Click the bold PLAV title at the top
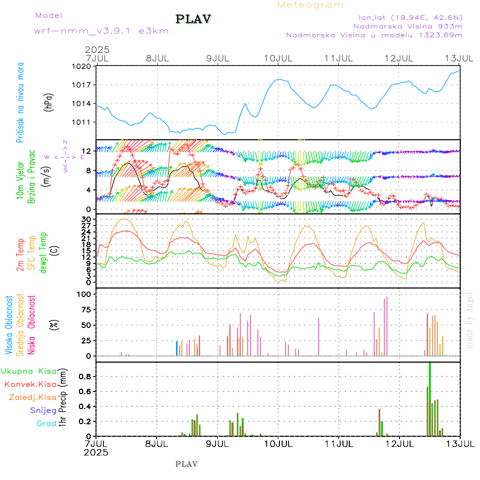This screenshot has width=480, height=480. (194, 19)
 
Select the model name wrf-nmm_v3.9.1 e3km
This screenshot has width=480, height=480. (101, 31)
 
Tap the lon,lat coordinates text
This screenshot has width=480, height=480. (410, 17)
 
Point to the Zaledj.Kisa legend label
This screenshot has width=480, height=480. (33, 397)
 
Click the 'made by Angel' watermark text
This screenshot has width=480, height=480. (470, 319)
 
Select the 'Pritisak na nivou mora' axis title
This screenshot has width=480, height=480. (20, 103)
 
